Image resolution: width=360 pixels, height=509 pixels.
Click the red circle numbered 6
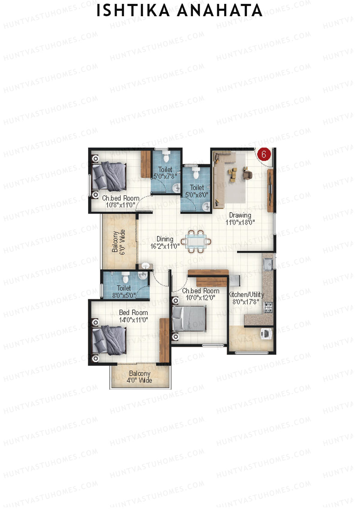(x=264, y=154)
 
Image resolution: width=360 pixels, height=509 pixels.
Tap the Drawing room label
(x=240, y=215)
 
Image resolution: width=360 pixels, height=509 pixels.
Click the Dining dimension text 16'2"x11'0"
(x=165, y=246)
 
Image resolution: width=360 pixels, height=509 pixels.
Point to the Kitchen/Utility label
(x=246, y=294)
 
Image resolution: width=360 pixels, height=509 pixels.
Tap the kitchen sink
(x=267, y=264)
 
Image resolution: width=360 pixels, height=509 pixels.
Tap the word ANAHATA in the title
(x=220, y=11)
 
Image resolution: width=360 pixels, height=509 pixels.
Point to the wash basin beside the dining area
(x=145, y=266)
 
